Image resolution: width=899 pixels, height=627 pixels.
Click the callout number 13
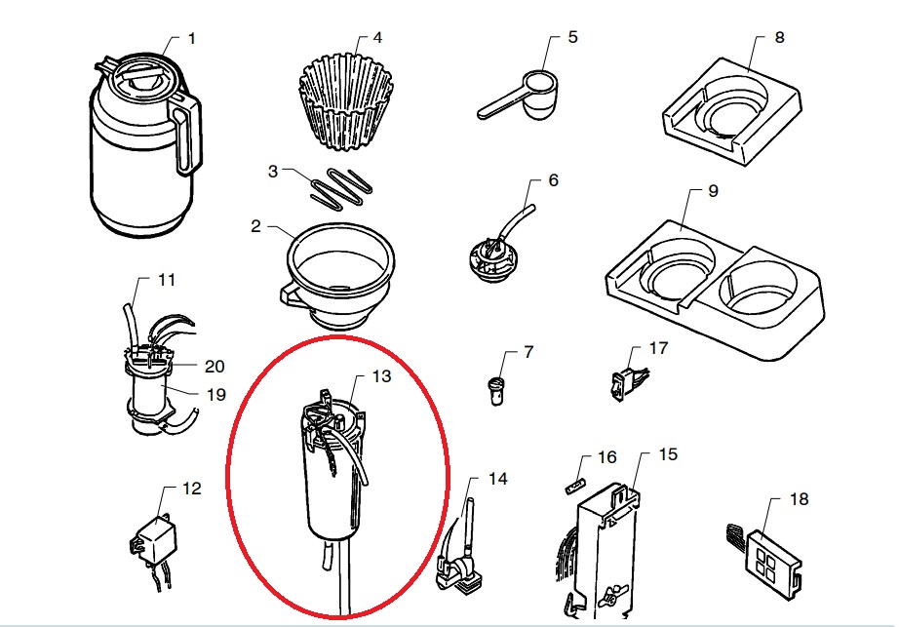[381, 376]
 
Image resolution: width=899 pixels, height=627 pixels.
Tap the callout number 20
[215, 367]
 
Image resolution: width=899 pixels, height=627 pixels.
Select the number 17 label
[658, 348]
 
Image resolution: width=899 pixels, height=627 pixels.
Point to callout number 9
[713, 191]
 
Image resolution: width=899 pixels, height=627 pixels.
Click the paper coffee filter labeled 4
[346, 101]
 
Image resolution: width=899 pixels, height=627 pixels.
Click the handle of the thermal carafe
[188, 136]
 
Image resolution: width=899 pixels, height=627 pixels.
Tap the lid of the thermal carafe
[141, 75]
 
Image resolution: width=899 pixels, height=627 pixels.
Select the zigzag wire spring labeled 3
[340, 187]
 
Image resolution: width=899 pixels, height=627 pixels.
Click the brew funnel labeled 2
[338, 275]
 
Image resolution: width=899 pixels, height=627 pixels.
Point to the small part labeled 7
[496, 391]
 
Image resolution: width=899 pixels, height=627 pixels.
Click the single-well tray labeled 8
[731, 112]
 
